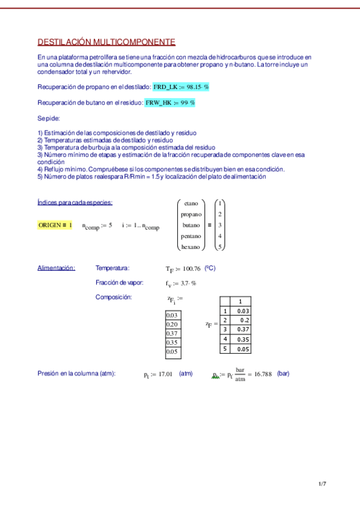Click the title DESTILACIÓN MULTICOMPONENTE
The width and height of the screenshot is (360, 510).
click(106, 42)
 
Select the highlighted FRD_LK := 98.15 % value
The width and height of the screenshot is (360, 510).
click(181, 87)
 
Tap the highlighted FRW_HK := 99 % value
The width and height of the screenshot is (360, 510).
click(170, 103)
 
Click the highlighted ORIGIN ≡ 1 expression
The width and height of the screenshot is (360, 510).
click(55, 225)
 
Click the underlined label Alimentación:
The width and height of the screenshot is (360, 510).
click(56, 268)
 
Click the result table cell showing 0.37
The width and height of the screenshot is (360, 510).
click(243, 330)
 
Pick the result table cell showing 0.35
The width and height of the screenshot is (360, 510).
click(243, 339)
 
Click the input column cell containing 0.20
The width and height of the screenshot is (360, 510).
click(173, 324)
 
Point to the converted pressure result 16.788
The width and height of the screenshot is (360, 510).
click(261, 374)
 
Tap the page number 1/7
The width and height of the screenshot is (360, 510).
click(322, 484)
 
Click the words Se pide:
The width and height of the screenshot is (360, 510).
click(49, 118)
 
